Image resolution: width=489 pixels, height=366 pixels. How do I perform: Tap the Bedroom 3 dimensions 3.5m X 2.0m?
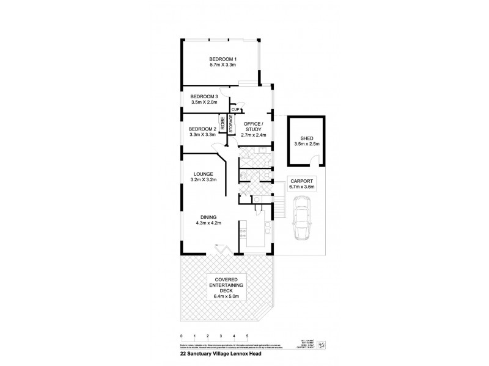click(204, 103)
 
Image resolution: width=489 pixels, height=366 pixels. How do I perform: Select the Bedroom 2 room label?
click(203, 129)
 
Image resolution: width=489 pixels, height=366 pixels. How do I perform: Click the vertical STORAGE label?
click(231, 126)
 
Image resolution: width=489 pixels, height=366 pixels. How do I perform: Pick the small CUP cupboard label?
click(234, 109)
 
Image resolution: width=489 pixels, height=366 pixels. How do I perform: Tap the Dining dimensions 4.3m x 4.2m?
click(208, 223)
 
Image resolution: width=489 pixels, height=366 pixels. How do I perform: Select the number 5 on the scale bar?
click(247, 336)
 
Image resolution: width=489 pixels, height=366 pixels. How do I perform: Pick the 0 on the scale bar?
click(182, 336)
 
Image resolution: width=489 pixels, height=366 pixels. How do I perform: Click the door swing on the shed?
click(314, 160)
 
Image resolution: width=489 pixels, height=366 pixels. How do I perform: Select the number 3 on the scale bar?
click(221, 336)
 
